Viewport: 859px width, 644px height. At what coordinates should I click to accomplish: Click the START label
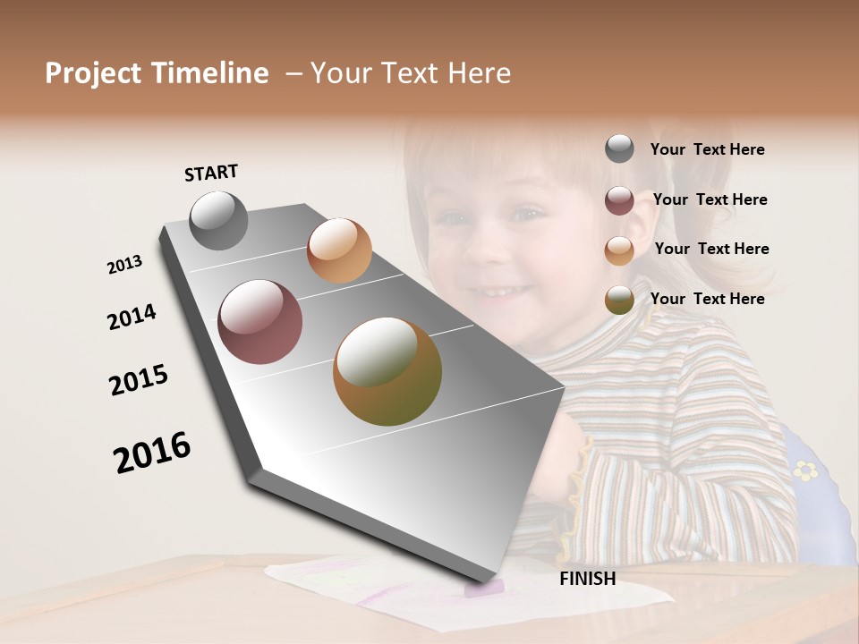pos(211,173)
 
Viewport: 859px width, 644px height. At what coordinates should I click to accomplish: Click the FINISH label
pos(587,579)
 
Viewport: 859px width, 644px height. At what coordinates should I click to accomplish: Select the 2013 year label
pos(124,265)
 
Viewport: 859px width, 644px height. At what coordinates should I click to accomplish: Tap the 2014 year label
pos(132,318)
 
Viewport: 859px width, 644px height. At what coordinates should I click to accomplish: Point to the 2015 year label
pos(139,380)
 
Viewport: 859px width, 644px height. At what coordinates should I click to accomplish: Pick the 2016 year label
pos(152,453)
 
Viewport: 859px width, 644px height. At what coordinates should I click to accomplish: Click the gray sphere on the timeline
pos(218,220)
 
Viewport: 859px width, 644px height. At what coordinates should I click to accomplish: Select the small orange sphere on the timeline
pos(339,250)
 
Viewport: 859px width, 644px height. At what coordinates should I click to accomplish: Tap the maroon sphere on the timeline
pos(259,322)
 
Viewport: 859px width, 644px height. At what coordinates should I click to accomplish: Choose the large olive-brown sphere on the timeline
pos(387,371)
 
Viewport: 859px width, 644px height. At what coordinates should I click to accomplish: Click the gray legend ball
pos(619,149)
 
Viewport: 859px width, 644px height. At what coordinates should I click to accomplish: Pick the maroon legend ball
pos(619,200)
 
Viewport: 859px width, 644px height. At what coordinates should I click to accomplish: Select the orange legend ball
pos(619,250)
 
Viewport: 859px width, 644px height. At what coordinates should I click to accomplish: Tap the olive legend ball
pos(619,301)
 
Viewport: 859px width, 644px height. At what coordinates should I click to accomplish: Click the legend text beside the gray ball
pos(707,150)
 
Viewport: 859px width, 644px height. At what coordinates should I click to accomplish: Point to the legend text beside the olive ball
pos(707,299)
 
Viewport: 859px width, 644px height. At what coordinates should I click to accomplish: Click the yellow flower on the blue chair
pos(806,470)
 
